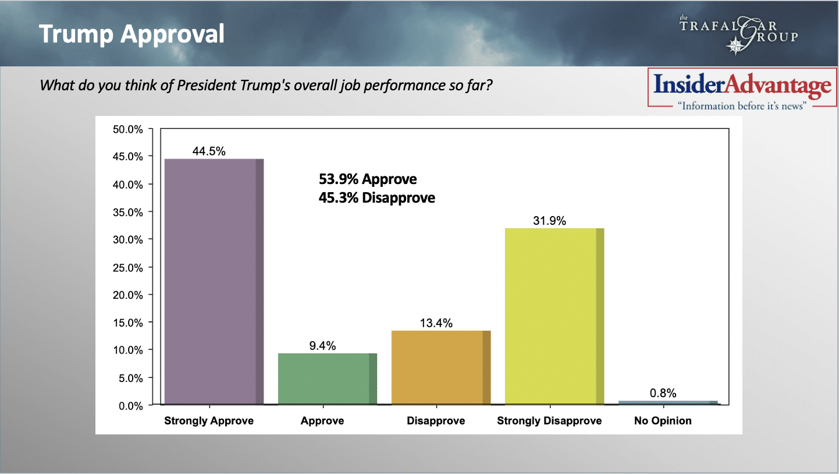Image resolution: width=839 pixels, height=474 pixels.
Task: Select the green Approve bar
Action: [x=327, y=379]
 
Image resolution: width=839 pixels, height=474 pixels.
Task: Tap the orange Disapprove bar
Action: [x=440, y=367]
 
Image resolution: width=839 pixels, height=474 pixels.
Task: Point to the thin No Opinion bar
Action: [x=667, y=402]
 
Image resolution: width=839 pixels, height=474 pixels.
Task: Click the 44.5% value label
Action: [x=209, y=151]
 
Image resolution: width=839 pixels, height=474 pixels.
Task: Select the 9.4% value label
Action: [x=322, y=345]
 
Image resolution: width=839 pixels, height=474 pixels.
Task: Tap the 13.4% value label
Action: [x=436, y=323]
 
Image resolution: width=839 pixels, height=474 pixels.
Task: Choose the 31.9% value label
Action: [x=549, y=221]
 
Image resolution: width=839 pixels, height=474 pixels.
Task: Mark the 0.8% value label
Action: [x=663, y=393]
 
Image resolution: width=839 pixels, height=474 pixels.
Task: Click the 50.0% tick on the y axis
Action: [x=127, y=129]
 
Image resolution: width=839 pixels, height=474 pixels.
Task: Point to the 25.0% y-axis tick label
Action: [x=127, y=267]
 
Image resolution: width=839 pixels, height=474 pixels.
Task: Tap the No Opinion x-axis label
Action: [x=663, y=420]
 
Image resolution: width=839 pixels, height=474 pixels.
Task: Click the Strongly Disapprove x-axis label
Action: [x=549, y=420]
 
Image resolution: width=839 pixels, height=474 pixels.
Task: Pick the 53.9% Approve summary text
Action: [x=368, y=179]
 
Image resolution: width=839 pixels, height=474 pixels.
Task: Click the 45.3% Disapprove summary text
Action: [x=376, y=198]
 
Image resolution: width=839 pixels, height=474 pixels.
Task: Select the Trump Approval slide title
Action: [x=131, y=34]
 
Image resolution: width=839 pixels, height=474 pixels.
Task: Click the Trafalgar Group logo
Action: [x=738, y=34]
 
